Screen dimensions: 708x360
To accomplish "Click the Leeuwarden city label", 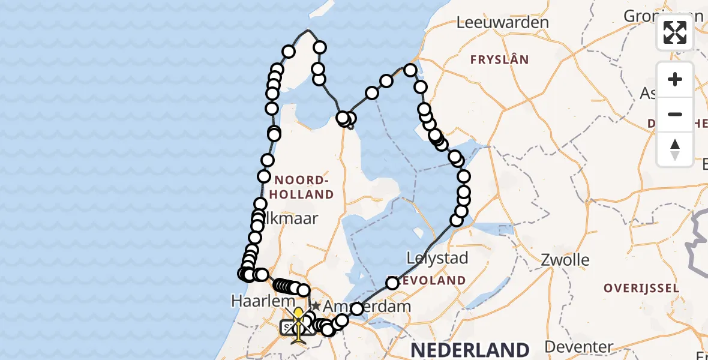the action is pyautogui.click(x=502, y=23).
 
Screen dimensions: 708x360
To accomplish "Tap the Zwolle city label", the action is pyautogui.click(x=565, y=260).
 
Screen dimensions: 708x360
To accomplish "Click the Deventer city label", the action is pyautogui.click(x=579, y=346).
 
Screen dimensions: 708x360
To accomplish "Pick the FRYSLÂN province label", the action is pyautogui.click(x=499, y=59).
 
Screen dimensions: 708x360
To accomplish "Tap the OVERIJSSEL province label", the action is pyautogui.click(x=641, y=288).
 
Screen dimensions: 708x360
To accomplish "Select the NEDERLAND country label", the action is pyautogui.click(x=470, y=349).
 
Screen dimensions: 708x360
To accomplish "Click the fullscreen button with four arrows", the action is pyautogui.click(x=675, y=32).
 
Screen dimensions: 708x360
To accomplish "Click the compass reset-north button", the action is pyautogui.click(x=675, y=149).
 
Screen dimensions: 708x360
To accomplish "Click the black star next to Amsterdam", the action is pyautogui.click(x=316, y=306).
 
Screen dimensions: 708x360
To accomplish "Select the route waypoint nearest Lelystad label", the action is pyautogui.click(x=392, y=283).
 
